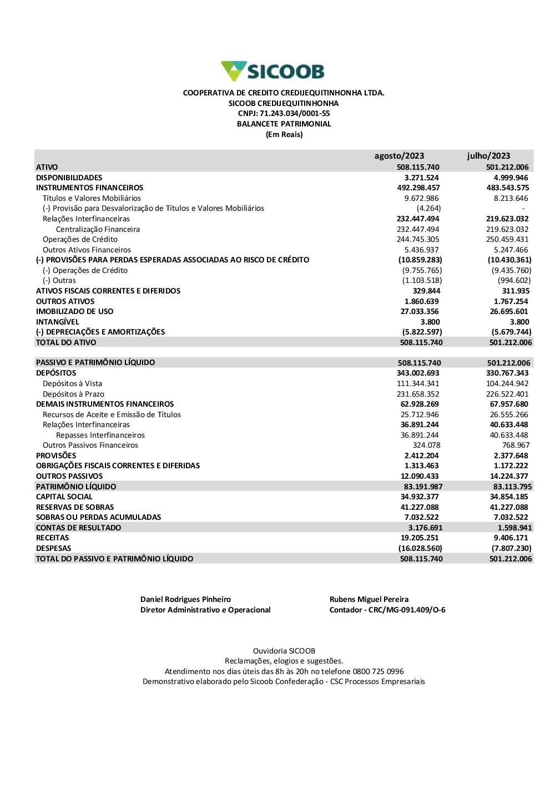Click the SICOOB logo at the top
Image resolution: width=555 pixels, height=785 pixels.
tap(273, 72)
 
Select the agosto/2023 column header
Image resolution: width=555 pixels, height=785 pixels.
tap(399, 156)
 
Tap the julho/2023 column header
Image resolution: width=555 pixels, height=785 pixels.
tap(488, 156)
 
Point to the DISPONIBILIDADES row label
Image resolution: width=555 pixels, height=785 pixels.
tap(69, 178)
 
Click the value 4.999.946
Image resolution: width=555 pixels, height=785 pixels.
tap(511, 178)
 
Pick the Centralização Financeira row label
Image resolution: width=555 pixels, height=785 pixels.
tap(98, 229)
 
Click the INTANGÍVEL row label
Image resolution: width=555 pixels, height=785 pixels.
tap(58, 322)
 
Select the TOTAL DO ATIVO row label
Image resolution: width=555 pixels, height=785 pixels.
tap(66, 343)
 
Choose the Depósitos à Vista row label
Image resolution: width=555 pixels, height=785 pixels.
tap(72, 383)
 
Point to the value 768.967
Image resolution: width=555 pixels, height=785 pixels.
tap(516, 445)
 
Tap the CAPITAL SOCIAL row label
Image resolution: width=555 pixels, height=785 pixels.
tap(64, 497)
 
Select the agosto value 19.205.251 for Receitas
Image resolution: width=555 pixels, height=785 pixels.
tap(420, 538)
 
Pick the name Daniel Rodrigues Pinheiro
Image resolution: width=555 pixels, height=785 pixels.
tap(185, 600)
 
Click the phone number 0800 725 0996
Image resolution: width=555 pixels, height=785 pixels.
tap(378, 671)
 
